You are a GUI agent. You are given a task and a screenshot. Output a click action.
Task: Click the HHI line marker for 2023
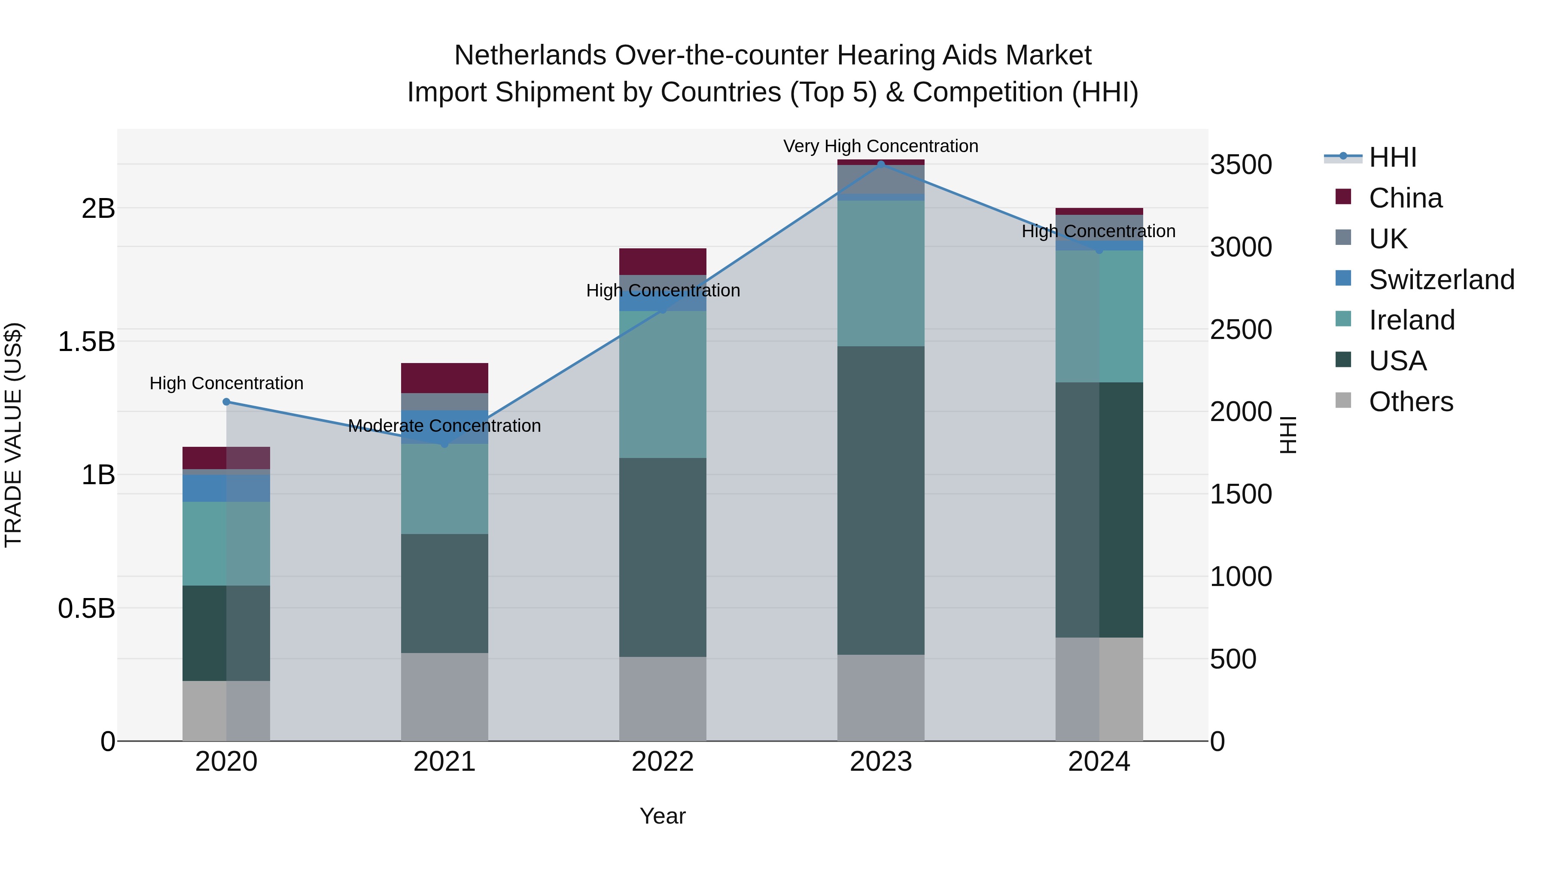coord(880,164)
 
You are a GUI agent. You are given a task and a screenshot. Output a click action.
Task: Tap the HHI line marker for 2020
coord(226,402)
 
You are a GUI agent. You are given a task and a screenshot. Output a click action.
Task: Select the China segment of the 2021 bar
coord(444,378)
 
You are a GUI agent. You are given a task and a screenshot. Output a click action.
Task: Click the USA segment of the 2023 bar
coord(880,500)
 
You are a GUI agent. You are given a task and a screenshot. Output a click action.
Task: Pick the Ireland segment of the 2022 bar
coord(663,384)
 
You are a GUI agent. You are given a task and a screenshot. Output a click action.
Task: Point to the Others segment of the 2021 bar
coord(444,696)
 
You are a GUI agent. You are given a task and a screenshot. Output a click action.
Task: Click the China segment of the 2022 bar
coord(663,261)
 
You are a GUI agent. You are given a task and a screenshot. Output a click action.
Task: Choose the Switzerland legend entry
coord(1440,279)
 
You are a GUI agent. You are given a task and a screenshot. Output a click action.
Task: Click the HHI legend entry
coord(1392,157)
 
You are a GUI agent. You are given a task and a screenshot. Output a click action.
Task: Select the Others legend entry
coord(1410,402)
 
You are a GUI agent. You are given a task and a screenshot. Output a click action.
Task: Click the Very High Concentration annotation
coord(880,146)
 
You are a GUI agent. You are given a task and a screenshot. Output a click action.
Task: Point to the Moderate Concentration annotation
coord(444,426)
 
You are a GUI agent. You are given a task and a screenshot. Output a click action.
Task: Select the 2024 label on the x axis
coord(1099,762)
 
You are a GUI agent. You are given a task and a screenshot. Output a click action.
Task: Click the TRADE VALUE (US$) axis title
coord(13,435)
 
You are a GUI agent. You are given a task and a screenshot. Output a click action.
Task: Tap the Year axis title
coord(663,816)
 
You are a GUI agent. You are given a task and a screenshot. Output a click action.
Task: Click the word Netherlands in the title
coord(530,55)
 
